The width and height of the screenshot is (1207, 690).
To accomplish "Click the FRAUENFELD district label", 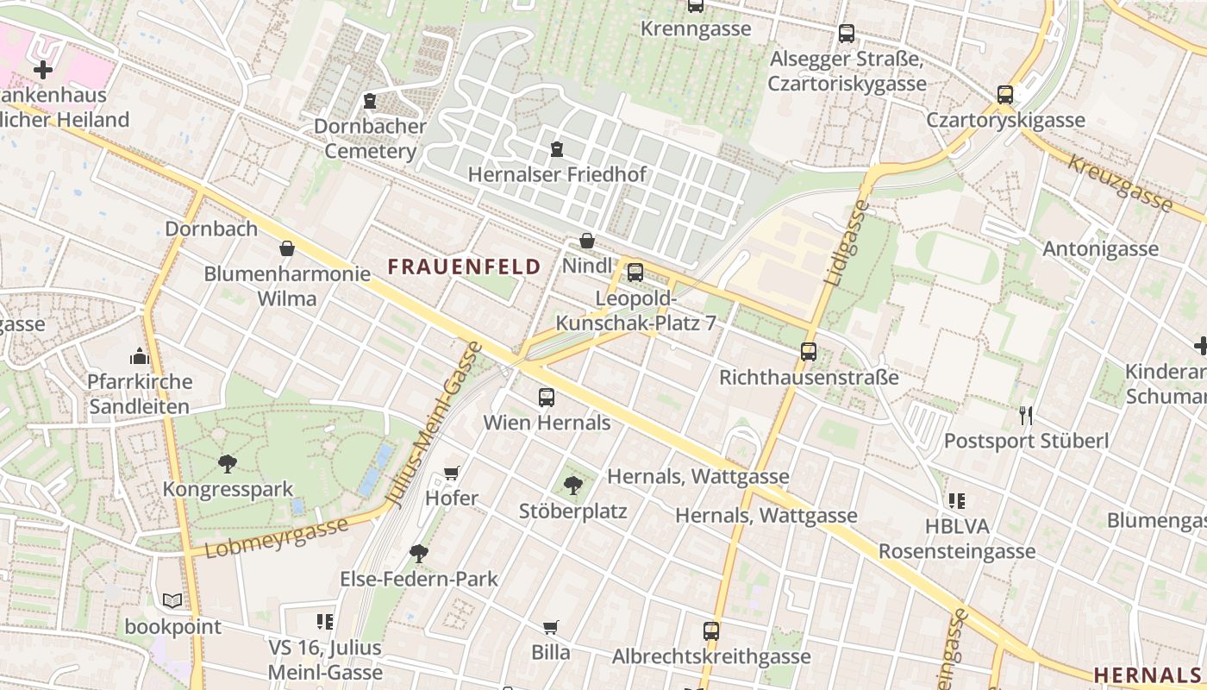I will click(464, 267).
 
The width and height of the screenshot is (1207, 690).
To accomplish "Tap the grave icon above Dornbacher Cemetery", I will click(370, 101).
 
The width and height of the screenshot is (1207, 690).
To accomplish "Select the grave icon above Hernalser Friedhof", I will click(556, 150).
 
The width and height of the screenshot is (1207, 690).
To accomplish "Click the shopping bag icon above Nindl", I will click(587, 241).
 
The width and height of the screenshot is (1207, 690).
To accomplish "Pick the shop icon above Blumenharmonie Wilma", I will click(287, 249).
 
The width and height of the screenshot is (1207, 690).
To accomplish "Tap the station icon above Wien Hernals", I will click(547, 398).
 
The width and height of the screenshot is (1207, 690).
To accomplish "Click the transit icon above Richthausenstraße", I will click(809, 352).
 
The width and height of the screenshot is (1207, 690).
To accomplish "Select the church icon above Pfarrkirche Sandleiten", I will click(140, 356).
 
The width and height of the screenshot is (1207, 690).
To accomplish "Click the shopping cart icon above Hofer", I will click(451, 473).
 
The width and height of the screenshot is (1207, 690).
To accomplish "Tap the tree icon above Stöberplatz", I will click(572, 486).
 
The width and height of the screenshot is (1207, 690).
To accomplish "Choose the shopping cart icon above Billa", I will click(551, 627).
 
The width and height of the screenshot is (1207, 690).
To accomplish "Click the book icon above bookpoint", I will click(172, 600).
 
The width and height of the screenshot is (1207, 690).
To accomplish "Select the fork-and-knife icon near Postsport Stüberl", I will click(1025, 416).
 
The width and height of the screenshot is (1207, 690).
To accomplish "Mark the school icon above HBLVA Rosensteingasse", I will click(956, 500).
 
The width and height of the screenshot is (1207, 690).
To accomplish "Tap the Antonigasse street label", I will click(1100, 249).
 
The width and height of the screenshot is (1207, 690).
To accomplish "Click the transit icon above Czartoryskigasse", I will click(1005, 95).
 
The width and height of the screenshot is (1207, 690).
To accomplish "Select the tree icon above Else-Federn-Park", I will click(419, 553).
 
